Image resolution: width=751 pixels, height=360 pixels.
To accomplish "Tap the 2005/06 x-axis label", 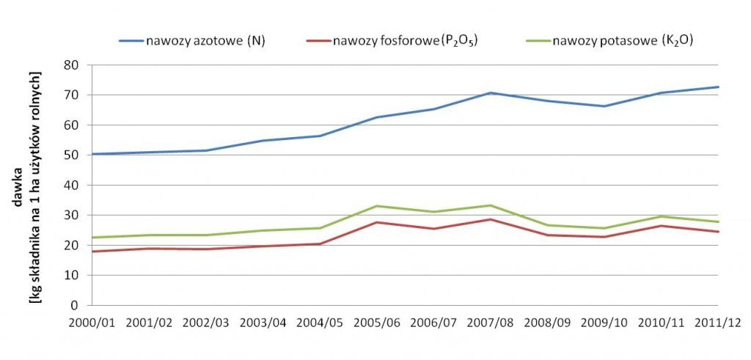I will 376,323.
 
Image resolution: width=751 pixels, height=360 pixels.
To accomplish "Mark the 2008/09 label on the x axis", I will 546,323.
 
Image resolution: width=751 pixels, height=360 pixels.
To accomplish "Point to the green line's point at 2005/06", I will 376,206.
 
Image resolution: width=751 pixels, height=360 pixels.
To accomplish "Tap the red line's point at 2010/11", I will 661,226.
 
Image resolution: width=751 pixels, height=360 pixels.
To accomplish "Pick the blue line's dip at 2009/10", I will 604,106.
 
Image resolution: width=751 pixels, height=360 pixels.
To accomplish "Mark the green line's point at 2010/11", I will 661,216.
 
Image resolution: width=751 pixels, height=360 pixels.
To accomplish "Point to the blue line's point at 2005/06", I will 376,117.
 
